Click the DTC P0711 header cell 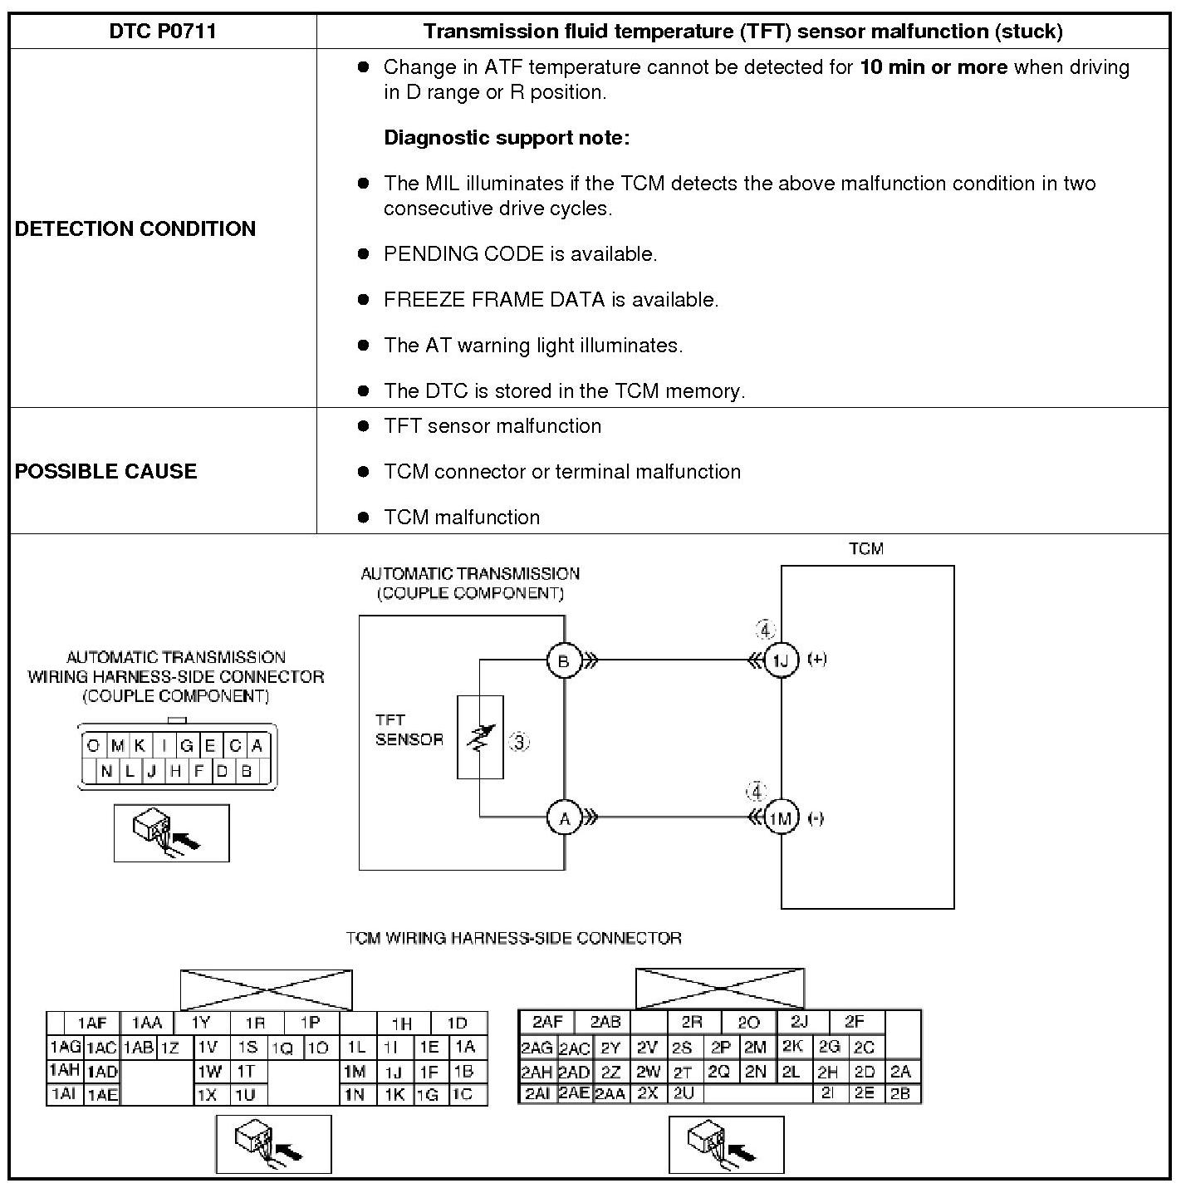(x=163, y=32)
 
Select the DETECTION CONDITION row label (x=135, y=228)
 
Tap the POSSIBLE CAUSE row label (x=106, y=471)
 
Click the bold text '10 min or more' (x=934, y=67)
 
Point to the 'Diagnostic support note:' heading (x=507, y=138)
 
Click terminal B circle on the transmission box (x=564, y=661)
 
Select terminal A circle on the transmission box (x=564, y=819)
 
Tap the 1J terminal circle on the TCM (x=781, y=660)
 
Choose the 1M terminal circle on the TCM (x=781, y=818)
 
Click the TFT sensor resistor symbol (x=480, y=737)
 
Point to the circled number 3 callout (x=519, y=742)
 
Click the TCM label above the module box (x=866, y=549)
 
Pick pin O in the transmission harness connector (x=93, y=746)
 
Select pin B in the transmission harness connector (x=246, y=771)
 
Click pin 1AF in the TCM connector (x=92, y=1024)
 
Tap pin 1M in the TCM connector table (x=355, y=1073)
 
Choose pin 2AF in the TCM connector (x=548, y=1022)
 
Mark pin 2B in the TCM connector (x=900, y=1094)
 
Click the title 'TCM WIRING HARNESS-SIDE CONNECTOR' (x=513, y=939)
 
